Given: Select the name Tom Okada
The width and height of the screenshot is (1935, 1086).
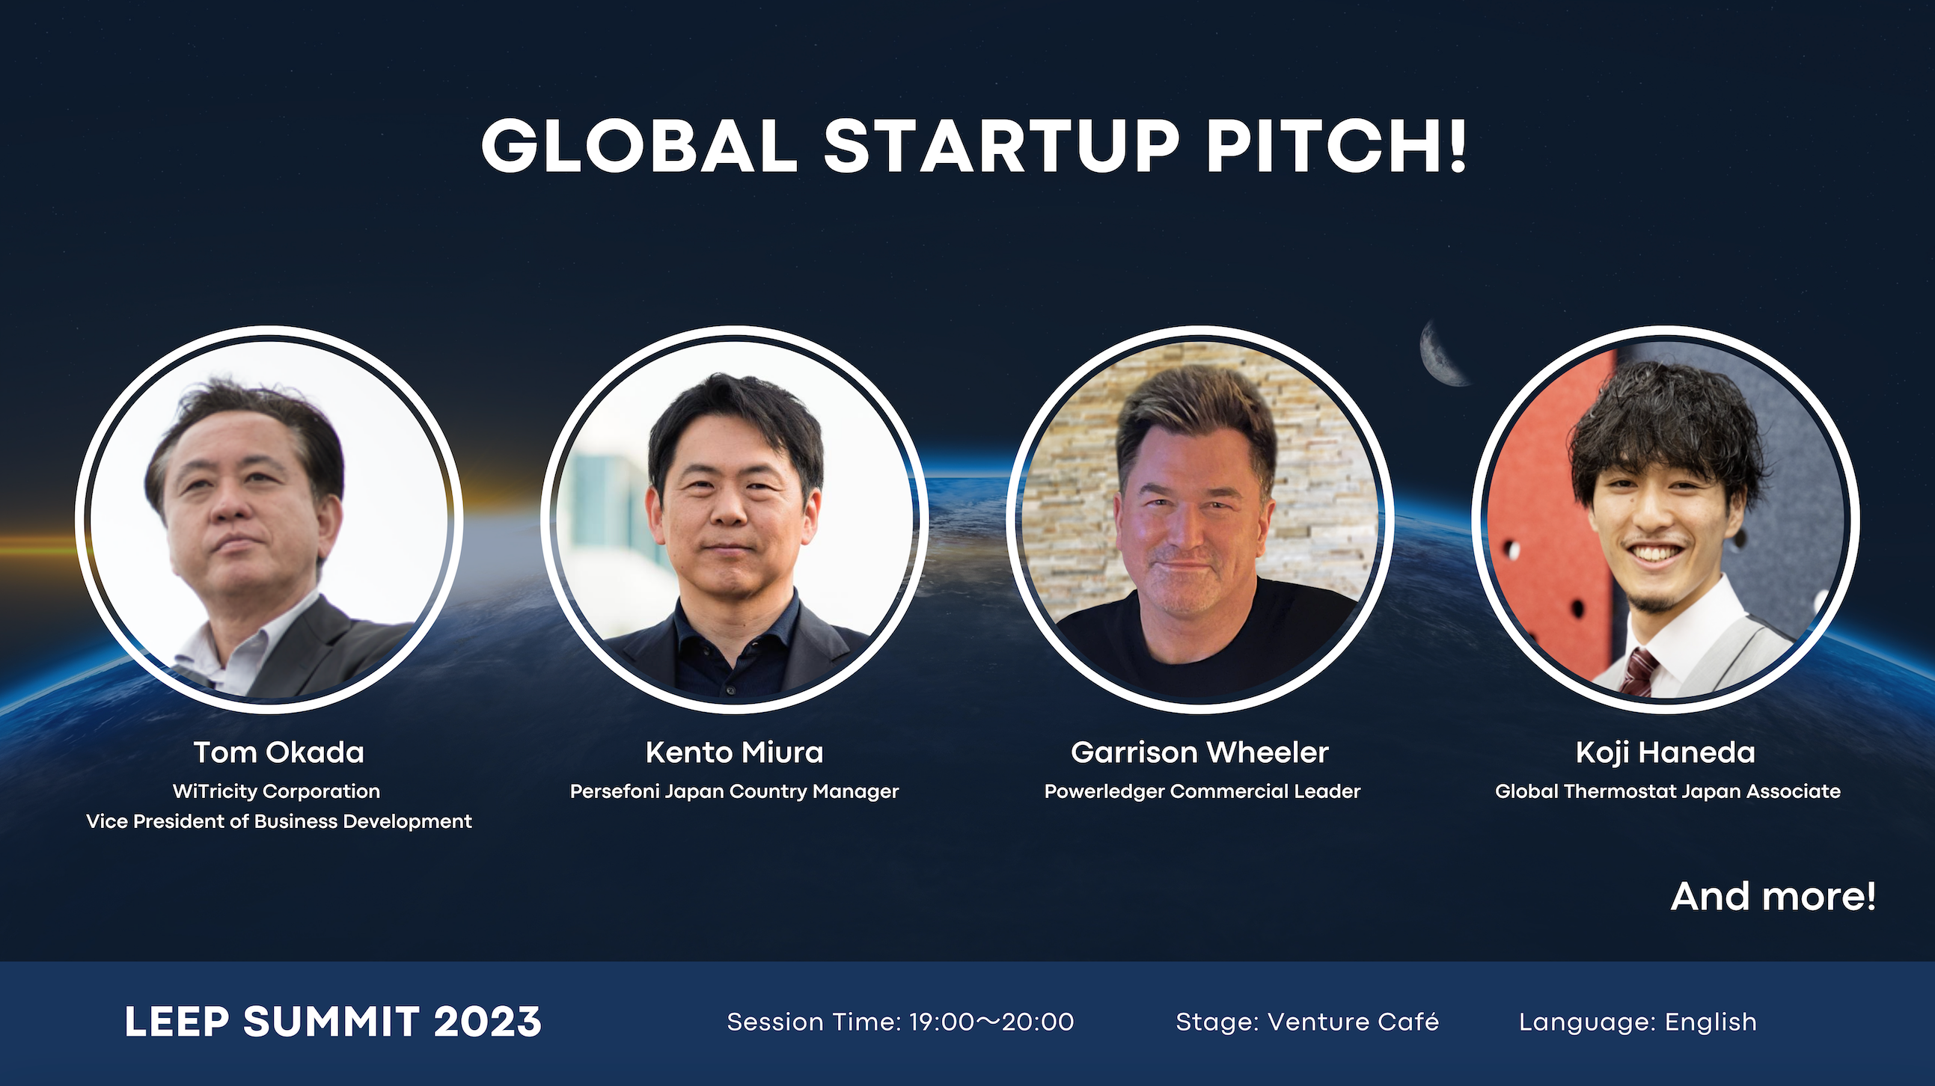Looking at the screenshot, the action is tap(278, 752).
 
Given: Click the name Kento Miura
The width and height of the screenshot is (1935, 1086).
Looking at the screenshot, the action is tap(734, 752).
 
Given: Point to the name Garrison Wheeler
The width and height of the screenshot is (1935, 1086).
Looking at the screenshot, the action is tap(1199, 752).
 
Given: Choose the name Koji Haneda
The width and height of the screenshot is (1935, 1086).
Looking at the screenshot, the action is tap(1666, 752).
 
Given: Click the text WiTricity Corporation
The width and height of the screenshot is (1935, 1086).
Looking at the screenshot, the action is tap(276, 791).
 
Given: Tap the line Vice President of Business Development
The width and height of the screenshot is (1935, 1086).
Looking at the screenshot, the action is tap(278, 821).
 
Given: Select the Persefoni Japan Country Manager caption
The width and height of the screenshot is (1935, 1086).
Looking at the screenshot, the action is tap(734, 791).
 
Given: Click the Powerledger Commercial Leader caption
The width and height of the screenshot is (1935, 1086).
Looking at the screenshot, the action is tap(1202, 791).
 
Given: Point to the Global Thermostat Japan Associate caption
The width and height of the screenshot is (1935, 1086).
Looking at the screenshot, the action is tap(1668, 791).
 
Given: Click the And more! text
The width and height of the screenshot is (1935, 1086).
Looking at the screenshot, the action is tap(1773, 896).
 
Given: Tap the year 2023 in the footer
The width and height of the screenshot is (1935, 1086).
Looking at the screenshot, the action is tap(488, 1022).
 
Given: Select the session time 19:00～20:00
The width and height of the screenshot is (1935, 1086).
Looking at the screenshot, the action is tap(991, 1022).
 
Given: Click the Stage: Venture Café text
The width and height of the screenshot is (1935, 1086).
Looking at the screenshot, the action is tap(1307, 1022).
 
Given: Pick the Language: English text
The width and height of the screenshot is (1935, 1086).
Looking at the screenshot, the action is tap(1637, 1022).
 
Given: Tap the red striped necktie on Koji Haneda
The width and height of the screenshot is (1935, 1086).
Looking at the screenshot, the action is tap(1637, 672).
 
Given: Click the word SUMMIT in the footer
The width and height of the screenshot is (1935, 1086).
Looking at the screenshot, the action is tap(331, 1022).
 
